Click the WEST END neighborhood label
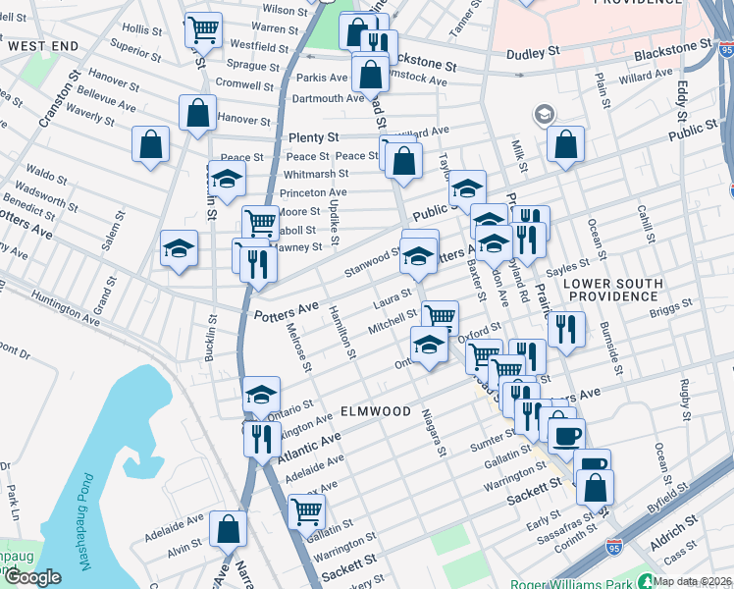pos(42,46)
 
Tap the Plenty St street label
pos(313,138)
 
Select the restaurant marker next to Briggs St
pos(567,329)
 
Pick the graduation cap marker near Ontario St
pos(261,395)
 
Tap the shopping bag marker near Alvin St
pos(228,528)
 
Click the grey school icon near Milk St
pos(543,116)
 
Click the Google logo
pos(32,577)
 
